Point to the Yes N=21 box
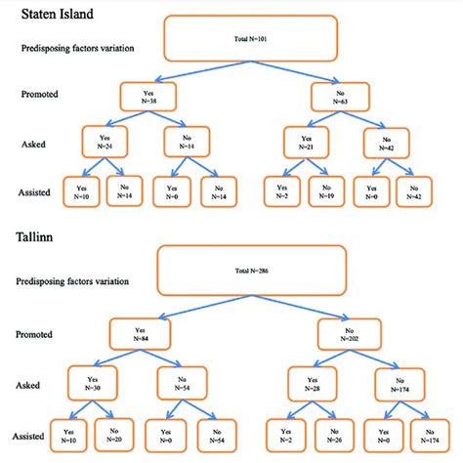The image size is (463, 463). [x=305, y=141]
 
